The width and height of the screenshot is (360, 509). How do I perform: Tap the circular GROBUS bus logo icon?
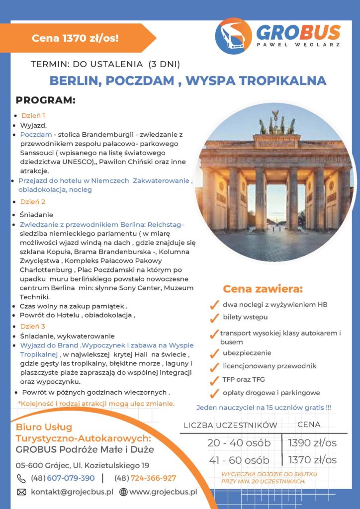coord(233,36)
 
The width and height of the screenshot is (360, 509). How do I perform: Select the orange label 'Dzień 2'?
coord(33,202)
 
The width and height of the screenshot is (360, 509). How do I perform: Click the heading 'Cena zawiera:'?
coord(263,289)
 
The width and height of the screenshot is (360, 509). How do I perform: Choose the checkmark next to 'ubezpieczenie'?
coord(214,353)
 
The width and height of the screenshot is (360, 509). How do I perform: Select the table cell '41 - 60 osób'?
coord(238,460)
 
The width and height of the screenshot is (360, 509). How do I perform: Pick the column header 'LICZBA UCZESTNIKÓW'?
coord(230,425)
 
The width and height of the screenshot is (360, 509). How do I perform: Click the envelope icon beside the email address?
coord(21,492)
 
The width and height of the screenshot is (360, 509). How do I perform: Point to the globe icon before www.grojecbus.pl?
coord(123,492)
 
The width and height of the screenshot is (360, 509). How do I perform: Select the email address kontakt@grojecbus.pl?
coord(72,492)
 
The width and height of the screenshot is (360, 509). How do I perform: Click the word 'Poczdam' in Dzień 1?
coord(36,135)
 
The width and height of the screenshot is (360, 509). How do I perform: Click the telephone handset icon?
coord(21,478)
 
